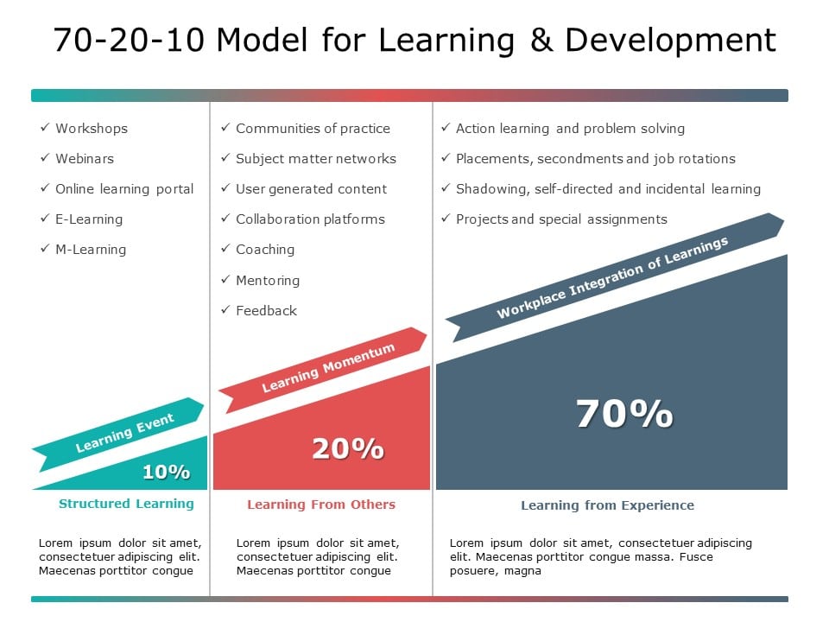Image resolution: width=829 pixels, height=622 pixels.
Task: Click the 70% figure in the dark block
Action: pyautogui.click(x=624, y=415)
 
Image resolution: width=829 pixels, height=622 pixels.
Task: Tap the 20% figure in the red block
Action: pyautogui.click(x=347, y=449)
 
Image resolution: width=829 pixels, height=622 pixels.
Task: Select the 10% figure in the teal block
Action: pyautogui.click(x=166, y=472)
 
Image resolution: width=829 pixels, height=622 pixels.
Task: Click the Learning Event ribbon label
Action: pyautogui.click(x=125, y=433)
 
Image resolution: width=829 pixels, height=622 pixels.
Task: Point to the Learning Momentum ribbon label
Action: pyautogui.click(x=328, y=367)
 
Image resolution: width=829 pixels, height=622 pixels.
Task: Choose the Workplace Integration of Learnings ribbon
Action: pyautogui.click(x=613, y=277)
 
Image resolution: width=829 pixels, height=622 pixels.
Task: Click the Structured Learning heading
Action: pyautogui.click(x=126, y=504)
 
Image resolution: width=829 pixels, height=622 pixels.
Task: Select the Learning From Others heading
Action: pyautogui.click(x=321, y=505)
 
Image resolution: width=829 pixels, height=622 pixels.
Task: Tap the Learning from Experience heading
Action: pyautogui.click(x=607, y=505)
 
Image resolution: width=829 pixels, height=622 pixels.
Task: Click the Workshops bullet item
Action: pyautogui.click(x=92, y=129)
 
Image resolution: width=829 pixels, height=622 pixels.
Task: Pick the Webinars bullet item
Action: pyautogui.click(x=85, y=159)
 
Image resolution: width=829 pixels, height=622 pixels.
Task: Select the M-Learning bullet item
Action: pyautogui.click(x=91, y=250)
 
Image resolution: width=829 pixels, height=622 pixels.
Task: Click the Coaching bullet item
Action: pyautogui.click(x=265, y=250)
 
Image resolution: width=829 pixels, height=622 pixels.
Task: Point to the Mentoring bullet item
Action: pyautogui.click(x=268, y=281)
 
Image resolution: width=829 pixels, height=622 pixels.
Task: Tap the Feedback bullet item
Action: pyautogui.click(x=266, y=311)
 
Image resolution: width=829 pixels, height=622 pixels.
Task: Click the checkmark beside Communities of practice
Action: pyautogui.click(x=225, y=128)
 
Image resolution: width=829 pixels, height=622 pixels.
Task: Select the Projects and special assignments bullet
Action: pyautogui.click(x=561, y=219)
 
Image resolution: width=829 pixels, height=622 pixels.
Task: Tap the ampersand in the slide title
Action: pyautogui.click(x=541, y=41)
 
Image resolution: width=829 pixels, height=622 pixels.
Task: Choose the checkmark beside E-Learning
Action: pyautogui.click(x=45, y=219)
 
